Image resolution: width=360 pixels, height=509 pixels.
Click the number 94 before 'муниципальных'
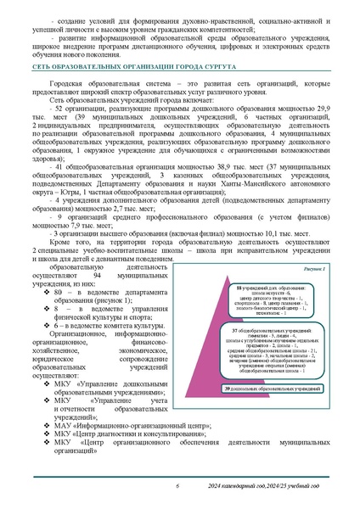click(98, 277)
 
